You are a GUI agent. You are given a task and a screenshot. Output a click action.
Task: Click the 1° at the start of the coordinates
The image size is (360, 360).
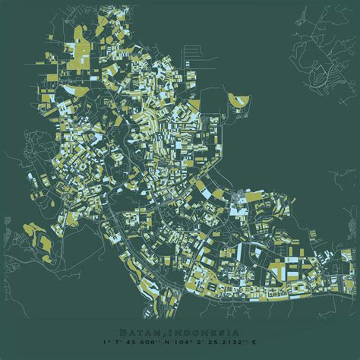tap(112, 343)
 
